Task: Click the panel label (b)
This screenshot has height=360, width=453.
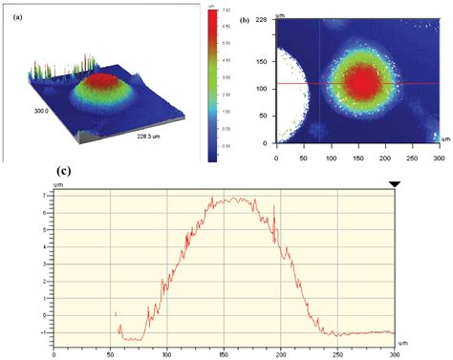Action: tap(246, 18)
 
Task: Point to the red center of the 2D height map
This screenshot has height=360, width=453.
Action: tap(363, 84)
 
